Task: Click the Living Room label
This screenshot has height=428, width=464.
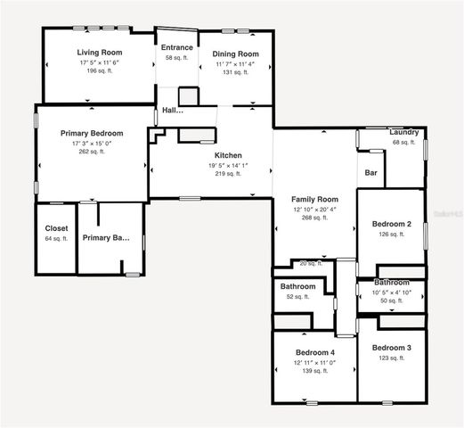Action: [99, 53]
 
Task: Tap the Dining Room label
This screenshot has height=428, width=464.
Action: [235, 53]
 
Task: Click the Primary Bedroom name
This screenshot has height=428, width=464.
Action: [92, 133]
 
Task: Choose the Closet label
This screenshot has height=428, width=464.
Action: [56, 228]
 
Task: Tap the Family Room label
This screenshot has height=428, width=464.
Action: [315, 199]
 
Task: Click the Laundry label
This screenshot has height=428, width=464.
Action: [404, 132]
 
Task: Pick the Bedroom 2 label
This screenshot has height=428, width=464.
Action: [391, 224]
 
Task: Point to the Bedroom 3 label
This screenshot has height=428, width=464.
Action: [391, 347]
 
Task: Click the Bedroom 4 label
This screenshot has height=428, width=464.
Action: [315, 352]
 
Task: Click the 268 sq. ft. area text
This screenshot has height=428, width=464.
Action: [315, 218]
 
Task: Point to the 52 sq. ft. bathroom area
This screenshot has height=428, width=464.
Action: [297, 296]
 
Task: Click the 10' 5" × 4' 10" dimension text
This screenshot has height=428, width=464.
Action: [391, 292]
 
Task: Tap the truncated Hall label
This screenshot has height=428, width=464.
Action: [172, 111]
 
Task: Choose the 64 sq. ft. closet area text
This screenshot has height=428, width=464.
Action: [56, 238]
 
